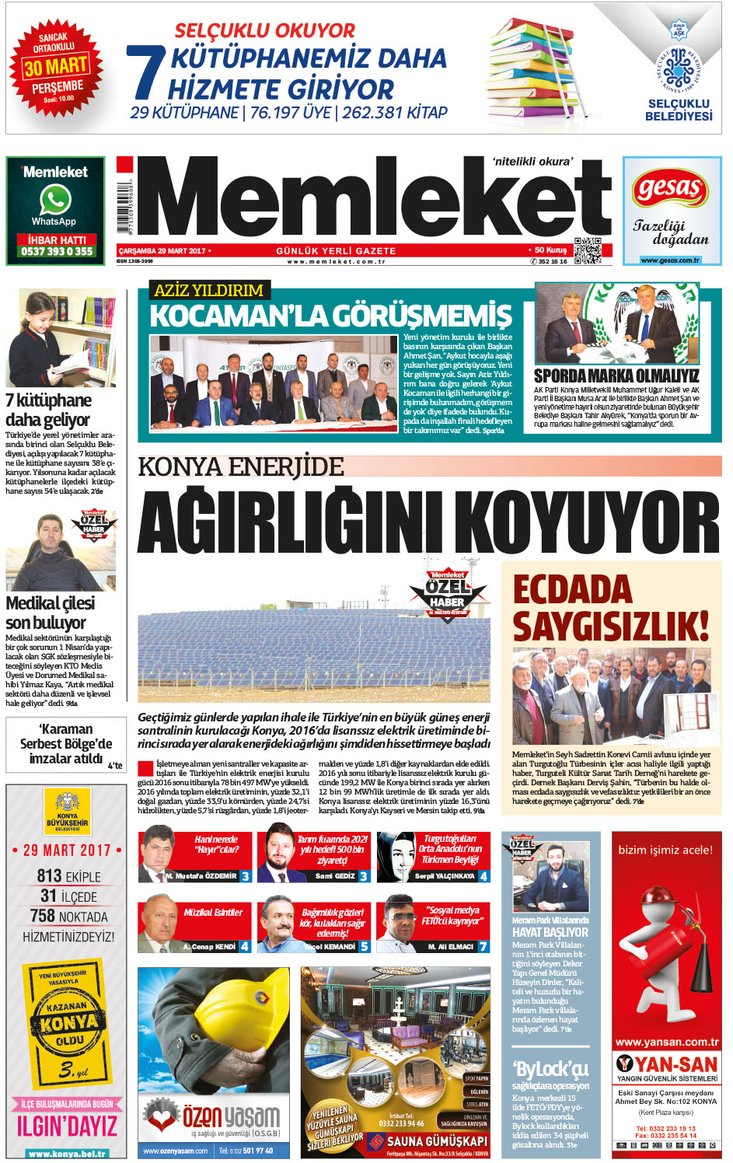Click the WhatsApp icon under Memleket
(x=55, y=200)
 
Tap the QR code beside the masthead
(x=587, y=250)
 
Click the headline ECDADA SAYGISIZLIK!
(x=610, y=607)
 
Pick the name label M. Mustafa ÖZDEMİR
(x=201, y=876)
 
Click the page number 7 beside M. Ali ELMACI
(x=483, y=946)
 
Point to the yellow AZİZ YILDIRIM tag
(x=208, y=291)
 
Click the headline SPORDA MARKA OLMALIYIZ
(x=616, y=375)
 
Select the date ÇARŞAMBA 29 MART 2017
(x=162, y=251)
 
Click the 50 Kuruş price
(x=550, y=250)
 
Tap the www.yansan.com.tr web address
(x=666, y=1042)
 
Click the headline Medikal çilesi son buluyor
(x=51, y=613)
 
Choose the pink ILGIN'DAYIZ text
(x=67, y=1126)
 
